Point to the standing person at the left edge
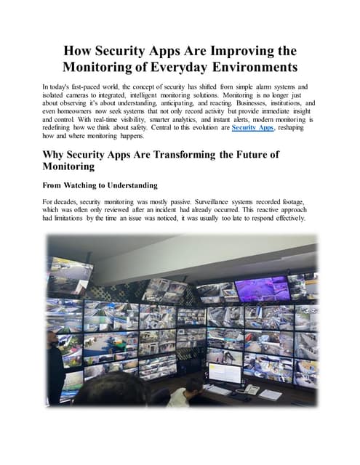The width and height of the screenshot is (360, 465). click(55, 363)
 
